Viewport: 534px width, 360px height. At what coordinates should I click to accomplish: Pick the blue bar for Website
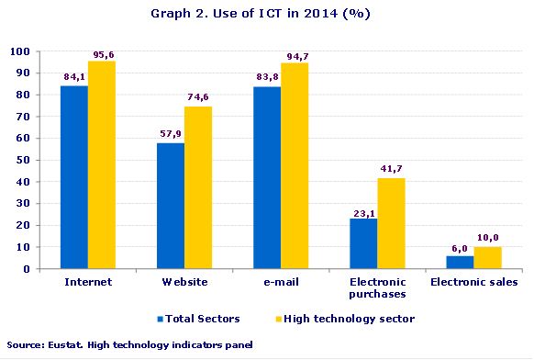171,206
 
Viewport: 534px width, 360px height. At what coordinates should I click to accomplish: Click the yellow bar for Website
198,187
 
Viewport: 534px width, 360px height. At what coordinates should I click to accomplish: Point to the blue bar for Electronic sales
460,262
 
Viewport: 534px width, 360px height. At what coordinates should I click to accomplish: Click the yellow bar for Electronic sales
487,258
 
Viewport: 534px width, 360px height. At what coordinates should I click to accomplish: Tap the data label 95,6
102,54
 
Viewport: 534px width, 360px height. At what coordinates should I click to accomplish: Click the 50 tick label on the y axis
20,160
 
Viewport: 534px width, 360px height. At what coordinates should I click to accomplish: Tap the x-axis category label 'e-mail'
281,282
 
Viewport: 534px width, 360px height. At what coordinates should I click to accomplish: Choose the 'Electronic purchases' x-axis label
377,287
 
